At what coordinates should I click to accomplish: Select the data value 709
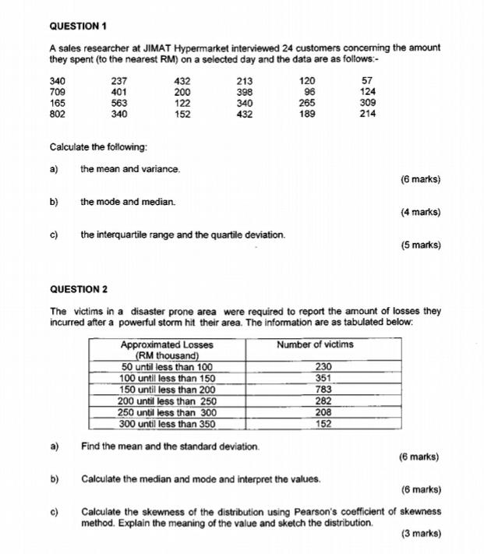click(58, 91)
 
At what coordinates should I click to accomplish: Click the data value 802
click(58, 114)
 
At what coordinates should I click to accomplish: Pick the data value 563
click(118, 103)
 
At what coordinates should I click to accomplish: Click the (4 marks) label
click(419, 212)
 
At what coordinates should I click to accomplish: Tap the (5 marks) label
click(419, 245)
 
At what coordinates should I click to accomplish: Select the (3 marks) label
click(419, 534)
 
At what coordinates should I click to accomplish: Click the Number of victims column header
click(315, 344)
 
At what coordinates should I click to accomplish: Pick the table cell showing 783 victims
click(324, 390)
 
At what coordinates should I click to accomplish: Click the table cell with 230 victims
click(324, 367)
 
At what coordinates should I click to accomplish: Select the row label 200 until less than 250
click(167, 401)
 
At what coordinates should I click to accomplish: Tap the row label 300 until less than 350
click(167, 424)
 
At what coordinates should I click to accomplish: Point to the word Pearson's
click(317, 512)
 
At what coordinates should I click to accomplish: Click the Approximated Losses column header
click(167, 344)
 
